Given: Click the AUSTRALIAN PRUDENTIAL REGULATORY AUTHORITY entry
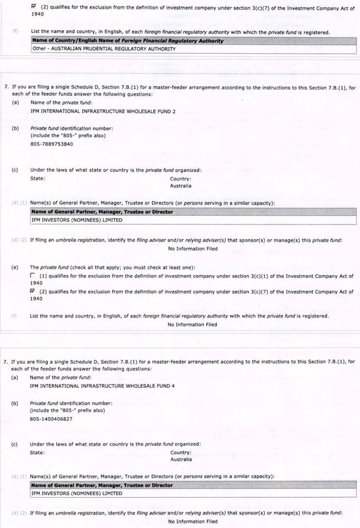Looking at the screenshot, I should (103, 49).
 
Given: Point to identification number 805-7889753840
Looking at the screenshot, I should (52, 144).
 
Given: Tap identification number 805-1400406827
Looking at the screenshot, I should (51, 419).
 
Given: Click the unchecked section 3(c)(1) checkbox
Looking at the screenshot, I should (33, 276).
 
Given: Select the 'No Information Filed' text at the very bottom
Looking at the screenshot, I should (192, 521).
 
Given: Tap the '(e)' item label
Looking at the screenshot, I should (14, 267).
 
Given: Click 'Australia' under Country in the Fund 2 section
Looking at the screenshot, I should (181, 186).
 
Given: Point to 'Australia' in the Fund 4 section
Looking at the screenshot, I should (181, 459).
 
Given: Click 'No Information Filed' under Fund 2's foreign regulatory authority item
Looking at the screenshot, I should (192, 324).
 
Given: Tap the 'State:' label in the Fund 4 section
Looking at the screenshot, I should (37, 452).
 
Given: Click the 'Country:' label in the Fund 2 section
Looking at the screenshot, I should (180, 178).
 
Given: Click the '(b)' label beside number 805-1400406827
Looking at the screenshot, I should (14, 403).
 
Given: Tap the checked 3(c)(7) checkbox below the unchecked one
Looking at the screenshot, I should (33, 291).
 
